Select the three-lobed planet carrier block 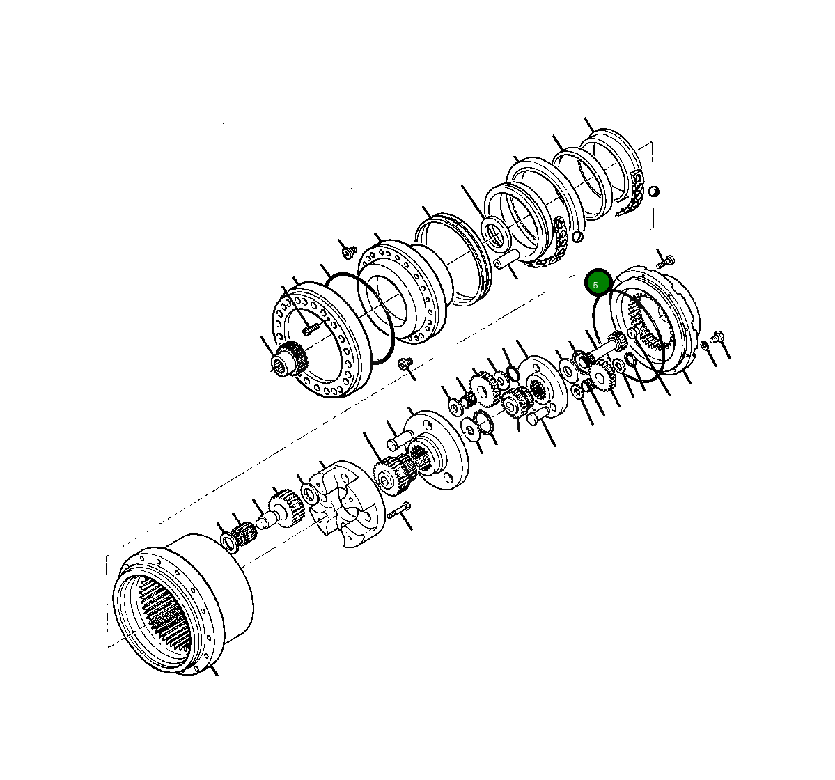(346, 504)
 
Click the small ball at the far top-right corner (653, 191)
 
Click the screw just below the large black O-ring (405, 364)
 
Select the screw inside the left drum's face (309, 327)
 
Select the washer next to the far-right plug (704, 345)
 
